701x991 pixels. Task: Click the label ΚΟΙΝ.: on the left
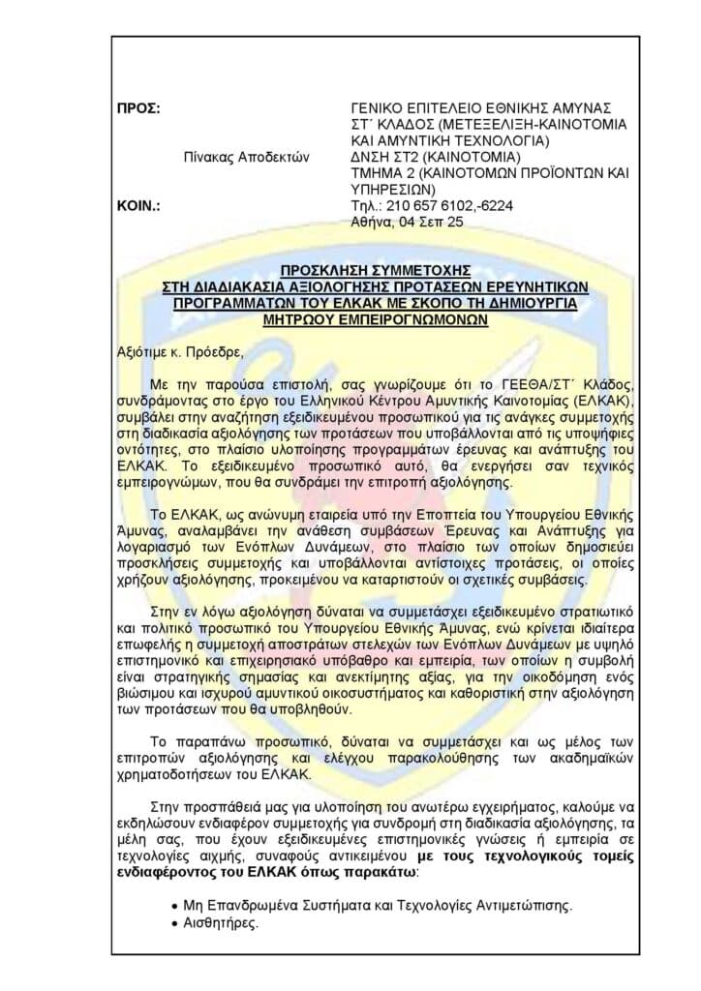(x=137, y=206)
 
